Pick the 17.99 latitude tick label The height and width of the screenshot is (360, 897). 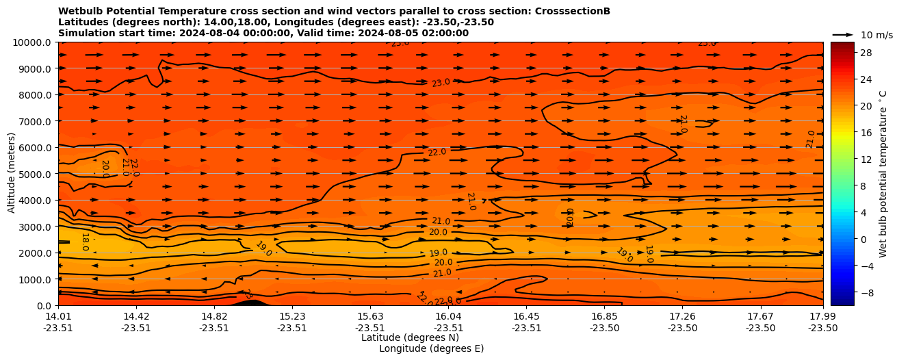[x=822, y=316]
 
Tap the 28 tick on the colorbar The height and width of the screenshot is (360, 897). [x=864, y=53]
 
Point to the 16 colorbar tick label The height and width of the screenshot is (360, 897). [x=864, y=133]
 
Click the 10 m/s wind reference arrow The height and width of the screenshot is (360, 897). [x=843, y=34]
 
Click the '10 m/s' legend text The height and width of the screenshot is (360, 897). [x=876, y=35]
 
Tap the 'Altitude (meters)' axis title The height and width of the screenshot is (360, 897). [x=12, y=174]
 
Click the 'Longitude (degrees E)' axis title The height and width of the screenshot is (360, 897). [x=431, y=348]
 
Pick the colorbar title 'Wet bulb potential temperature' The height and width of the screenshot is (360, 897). [x=883, y=174]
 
